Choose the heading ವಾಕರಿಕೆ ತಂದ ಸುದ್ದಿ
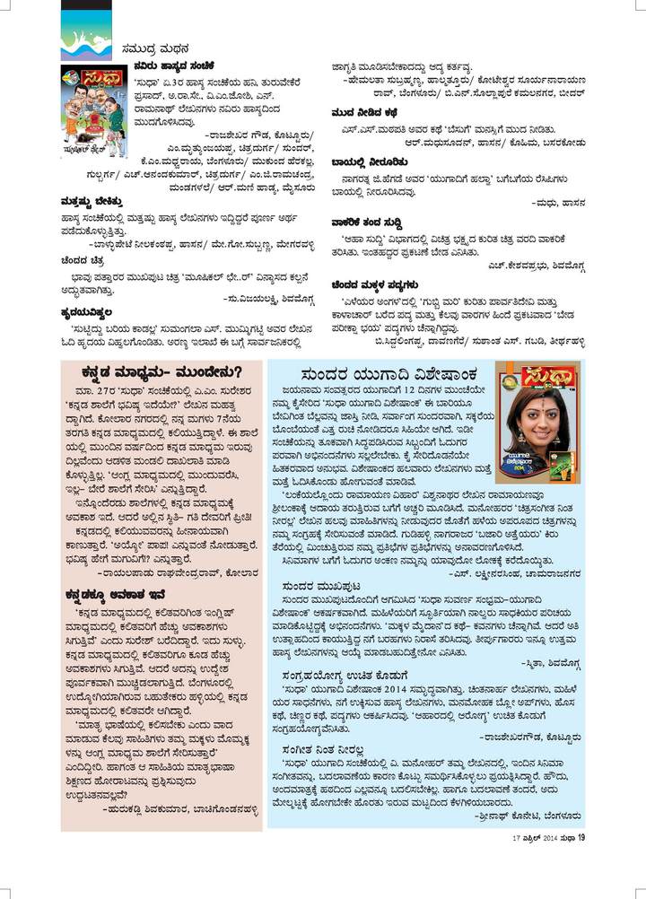tap(372, 223)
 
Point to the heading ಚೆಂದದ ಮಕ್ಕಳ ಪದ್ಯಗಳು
tap(381, 284)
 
